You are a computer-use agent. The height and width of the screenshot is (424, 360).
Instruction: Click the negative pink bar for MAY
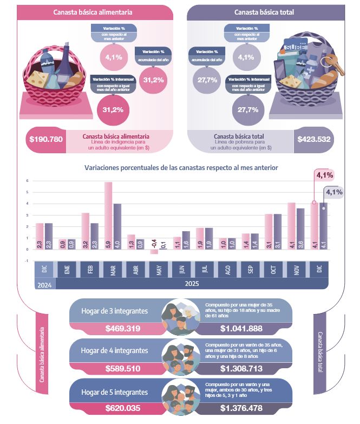[154, 251]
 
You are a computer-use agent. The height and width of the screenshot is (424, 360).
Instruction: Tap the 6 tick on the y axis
[27, 181]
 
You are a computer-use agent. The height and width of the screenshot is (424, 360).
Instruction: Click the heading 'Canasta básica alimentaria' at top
[93, 12]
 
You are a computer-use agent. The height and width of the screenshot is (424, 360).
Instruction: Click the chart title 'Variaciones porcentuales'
[181, 168]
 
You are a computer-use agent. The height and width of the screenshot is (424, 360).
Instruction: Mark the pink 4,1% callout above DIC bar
[324, 174]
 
